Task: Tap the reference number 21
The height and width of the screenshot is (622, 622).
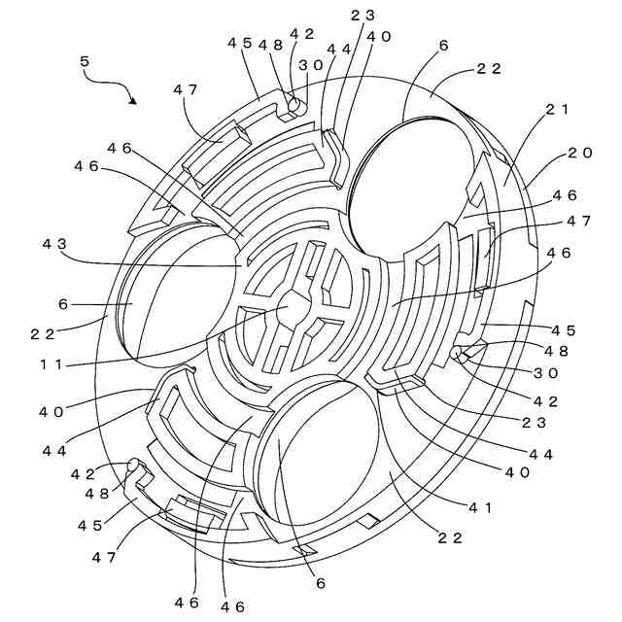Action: [555, 109]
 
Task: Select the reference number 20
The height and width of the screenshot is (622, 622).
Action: [579, 153]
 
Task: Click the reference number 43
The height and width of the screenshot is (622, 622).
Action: [55, 243]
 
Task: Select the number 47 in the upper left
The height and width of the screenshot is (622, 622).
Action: [185, 89]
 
